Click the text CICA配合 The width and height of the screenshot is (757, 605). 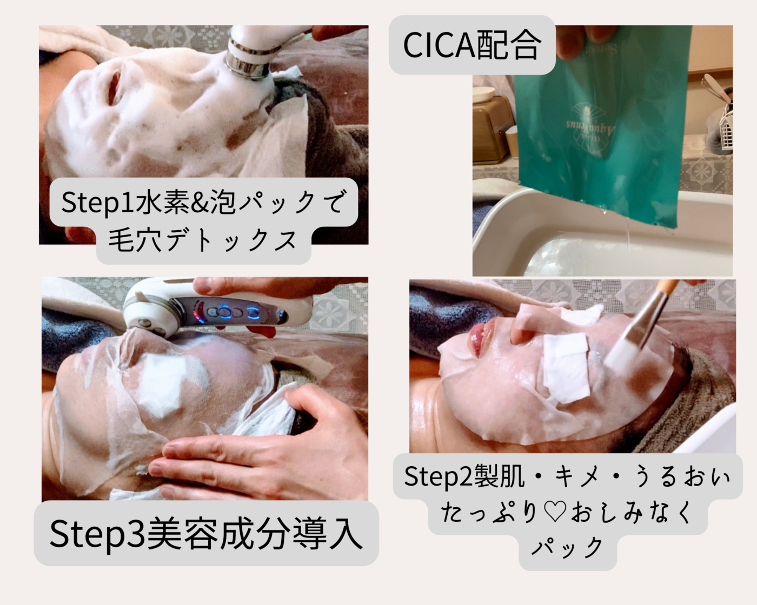coord(471,45)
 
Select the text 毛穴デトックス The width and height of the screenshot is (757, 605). coord(203,240)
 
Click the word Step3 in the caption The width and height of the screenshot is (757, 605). coord(97,534)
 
